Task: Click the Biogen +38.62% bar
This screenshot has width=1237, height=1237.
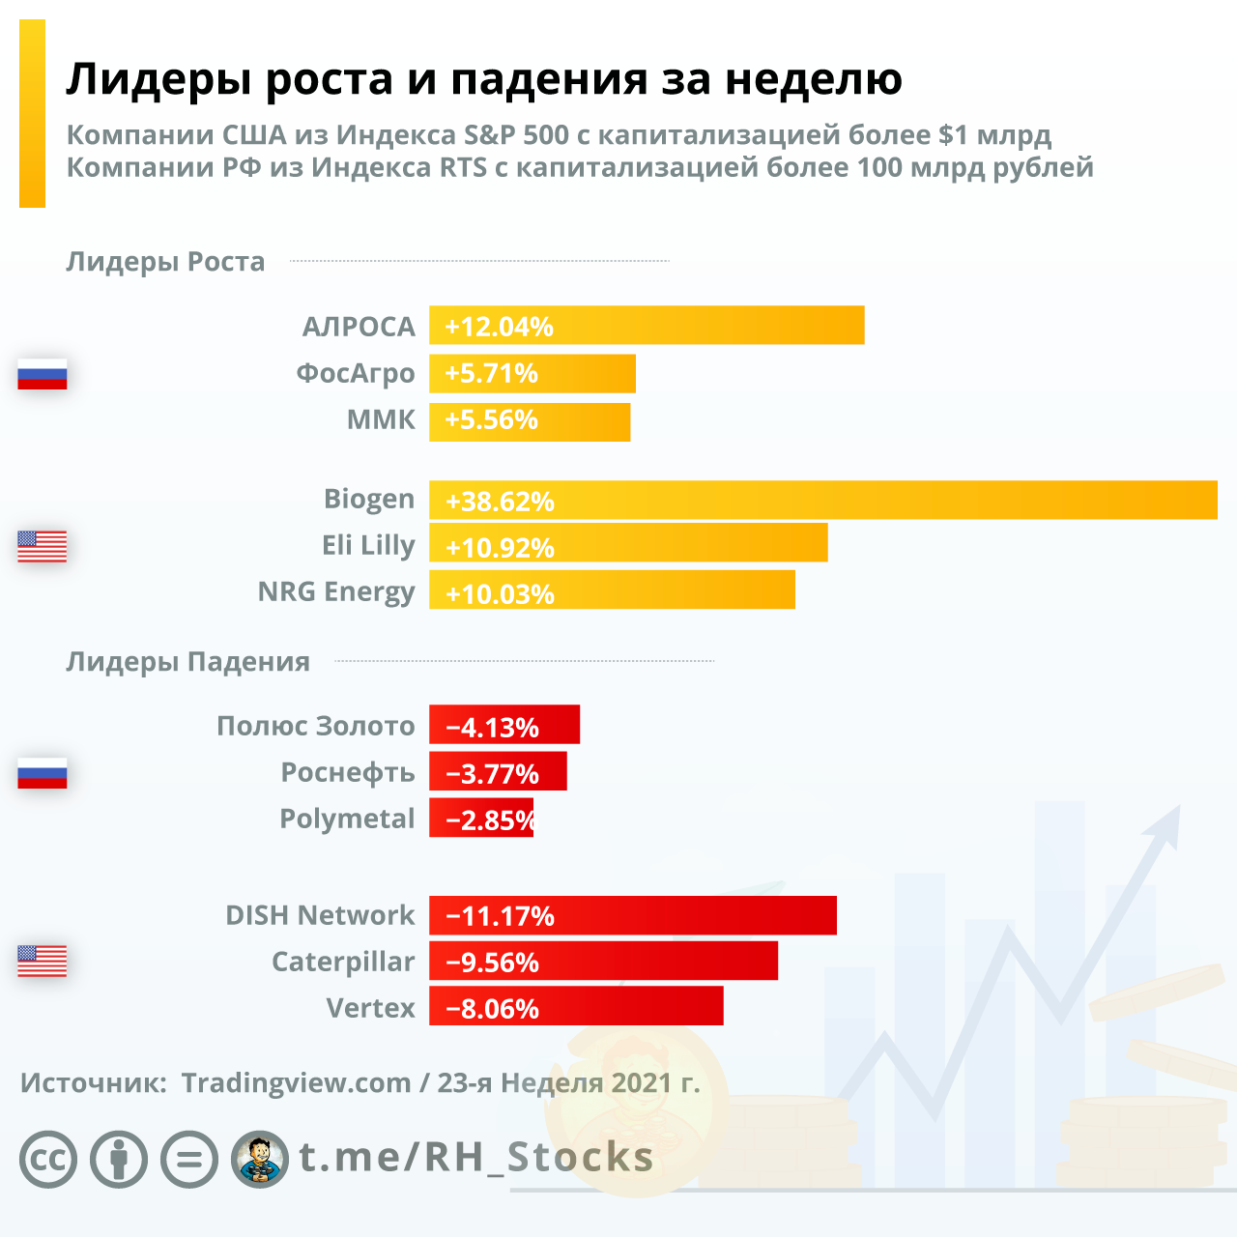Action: pos(821,501)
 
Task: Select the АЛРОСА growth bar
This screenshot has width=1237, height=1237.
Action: pos(647,326)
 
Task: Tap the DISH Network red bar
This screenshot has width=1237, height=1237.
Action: pos(633,915)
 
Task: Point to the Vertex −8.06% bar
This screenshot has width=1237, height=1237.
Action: pos(576,1007)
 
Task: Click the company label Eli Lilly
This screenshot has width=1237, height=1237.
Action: pos(368,546)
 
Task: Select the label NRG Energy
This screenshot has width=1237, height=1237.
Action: pos(336,591)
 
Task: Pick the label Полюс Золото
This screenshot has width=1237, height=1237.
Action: pos(316,726)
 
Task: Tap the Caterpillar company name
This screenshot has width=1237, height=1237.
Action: pos(343,963)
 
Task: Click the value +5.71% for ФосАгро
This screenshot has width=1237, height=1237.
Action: pos(491,373)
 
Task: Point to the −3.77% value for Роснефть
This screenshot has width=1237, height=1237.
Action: pos(492,774)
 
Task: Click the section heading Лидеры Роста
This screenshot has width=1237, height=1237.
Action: pos(165,262)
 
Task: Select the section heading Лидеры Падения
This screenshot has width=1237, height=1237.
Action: pos(187,662)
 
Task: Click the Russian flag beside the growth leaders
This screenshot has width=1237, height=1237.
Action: pos(43,374)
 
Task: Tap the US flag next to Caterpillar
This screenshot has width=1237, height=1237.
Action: pos(43,961)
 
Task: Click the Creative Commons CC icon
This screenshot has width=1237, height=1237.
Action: pos(48,1159)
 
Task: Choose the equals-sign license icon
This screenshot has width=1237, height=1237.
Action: pos(189,1159)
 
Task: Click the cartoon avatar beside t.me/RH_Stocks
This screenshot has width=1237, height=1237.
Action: pos(260,1159)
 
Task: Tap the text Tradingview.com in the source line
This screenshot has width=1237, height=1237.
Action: pos(296,1082)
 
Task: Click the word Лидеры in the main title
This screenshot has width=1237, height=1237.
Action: pos(158,79)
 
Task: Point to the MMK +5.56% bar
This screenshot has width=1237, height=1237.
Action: pos(530,420)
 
